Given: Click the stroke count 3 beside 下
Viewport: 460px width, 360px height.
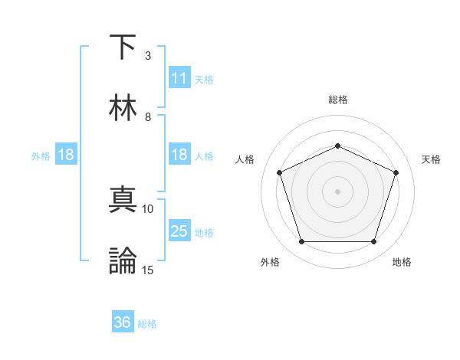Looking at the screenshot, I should [x=148, y=56].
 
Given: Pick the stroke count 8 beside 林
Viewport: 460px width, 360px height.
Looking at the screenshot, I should [x=148, y=116].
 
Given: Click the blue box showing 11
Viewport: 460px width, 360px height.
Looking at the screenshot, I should [x=179, y=78].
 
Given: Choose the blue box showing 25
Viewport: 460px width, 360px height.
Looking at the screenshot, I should [x=179, y=231].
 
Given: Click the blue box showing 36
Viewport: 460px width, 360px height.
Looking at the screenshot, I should [x=122, y=322].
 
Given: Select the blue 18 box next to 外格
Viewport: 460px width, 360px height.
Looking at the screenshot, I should [x=65, y=155].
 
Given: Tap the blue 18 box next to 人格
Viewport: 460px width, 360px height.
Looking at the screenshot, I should [x=179, y=155].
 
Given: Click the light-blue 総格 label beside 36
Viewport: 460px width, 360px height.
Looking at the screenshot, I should [x=147, y=324].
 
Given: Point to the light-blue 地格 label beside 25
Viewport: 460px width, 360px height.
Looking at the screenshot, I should [x=204, y=232].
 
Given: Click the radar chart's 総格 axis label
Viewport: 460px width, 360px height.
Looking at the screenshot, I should [x=337, y=100].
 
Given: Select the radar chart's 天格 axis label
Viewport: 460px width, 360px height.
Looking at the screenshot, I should [x=431, y=159].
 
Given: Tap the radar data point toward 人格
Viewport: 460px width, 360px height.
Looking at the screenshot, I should [x=279, y=172].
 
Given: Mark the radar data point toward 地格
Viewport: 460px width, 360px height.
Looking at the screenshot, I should [x=373, y=241].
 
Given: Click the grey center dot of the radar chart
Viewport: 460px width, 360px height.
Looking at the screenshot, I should [x=337, y=191].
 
